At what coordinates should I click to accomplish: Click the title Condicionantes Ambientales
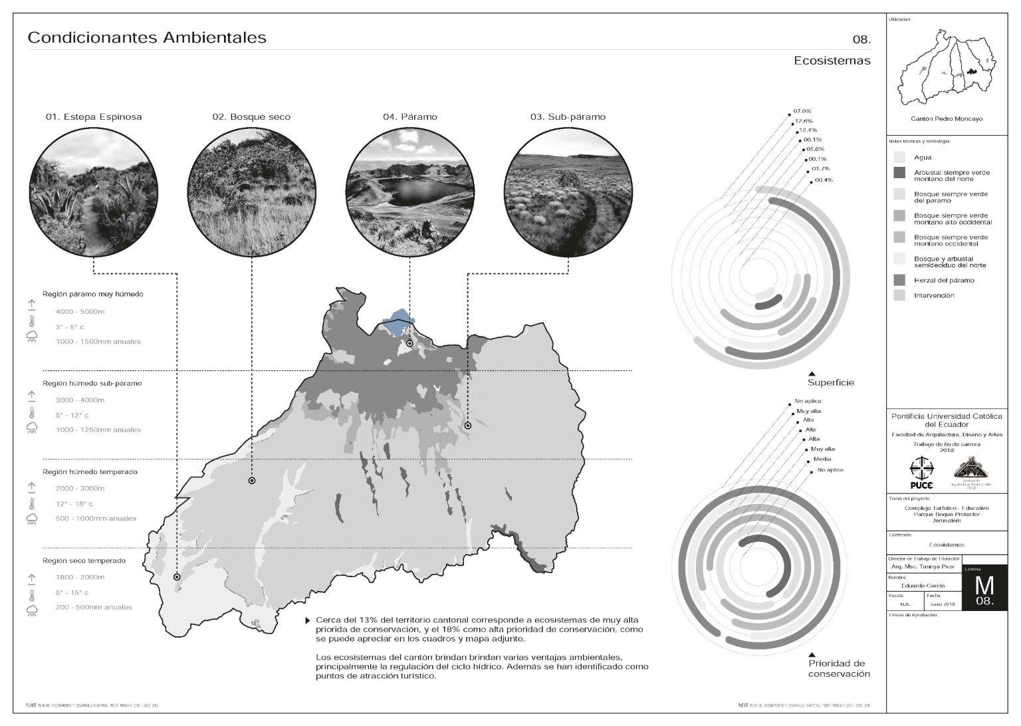coord(147,38)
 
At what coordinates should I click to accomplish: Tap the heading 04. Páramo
coord(410,117)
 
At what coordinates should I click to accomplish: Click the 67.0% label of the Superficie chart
coord(802,111)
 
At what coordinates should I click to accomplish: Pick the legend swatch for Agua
coord(899,158)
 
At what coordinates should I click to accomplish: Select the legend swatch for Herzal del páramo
coord(899,280)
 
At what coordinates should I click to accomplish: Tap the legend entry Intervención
coord(933,295)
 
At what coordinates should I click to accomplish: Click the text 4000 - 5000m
coord(80,311)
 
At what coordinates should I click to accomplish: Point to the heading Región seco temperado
coord(84,560)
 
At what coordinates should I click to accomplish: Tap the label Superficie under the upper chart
coord(830,383)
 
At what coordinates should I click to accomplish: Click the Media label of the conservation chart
coord(822,459)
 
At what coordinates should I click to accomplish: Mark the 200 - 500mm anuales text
coord(94,607)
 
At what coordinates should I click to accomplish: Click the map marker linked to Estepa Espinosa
coord(177,577)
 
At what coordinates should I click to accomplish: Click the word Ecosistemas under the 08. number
coord(832,61)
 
